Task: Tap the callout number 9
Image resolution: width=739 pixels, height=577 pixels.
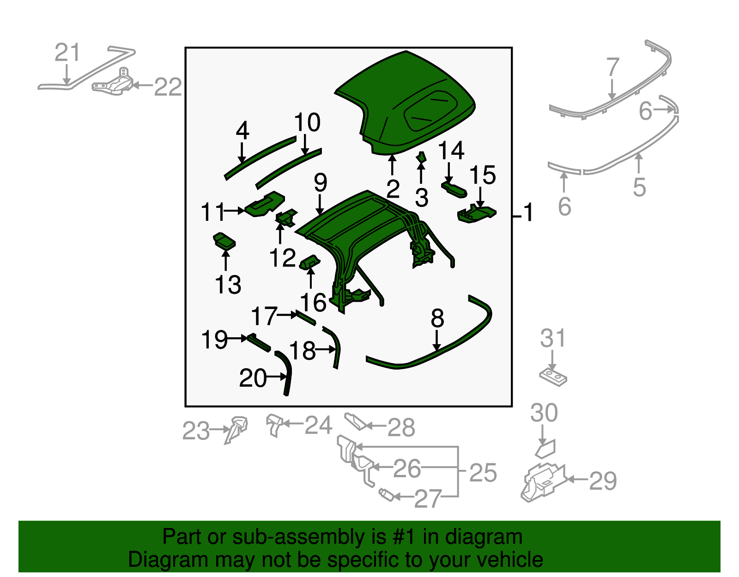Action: point(320,182)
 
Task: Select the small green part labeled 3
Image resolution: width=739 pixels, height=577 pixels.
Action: point(421,158)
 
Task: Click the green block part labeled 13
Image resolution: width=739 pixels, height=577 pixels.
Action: point(224,241)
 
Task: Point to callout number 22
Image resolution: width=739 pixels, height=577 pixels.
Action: point(168,87)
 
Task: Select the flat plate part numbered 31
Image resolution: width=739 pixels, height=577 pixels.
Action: point(553,377)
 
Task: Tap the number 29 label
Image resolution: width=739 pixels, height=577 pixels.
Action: point(603,481)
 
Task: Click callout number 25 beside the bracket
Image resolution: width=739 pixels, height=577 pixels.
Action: point(483,473)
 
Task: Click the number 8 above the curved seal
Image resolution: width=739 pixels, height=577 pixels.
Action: point(437,318)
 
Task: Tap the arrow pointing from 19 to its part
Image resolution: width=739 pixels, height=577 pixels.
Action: point(238,339)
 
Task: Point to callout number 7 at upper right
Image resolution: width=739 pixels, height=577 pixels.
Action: point(612,67)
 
